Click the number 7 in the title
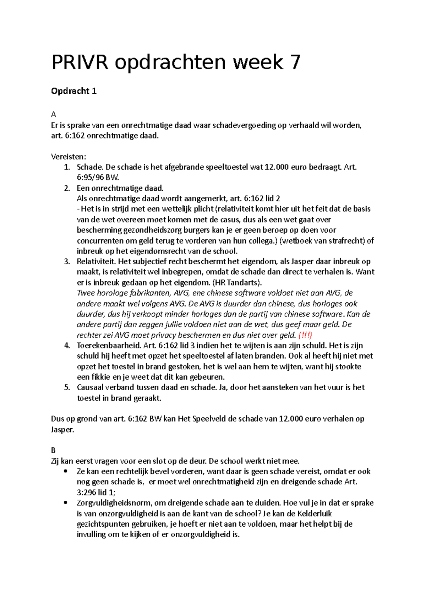click(x=295, y=63)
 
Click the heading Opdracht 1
click(x=74, y=91)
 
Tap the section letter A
click(x=54, y=115)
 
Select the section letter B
click(x=53, y=451)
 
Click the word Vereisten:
click(x=69, y=157)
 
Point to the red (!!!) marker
click(x=305, y=335)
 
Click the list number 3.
click(x=67, y=262)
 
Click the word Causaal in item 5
click(x=91, y=387)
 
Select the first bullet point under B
click(x=65, y=472)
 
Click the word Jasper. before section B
click(x=62, y=430)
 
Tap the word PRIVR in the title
click(x=80, y=63)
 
